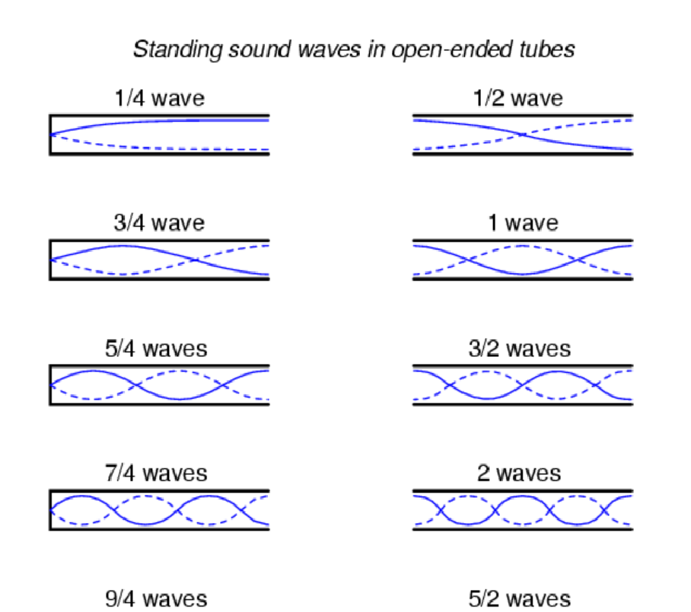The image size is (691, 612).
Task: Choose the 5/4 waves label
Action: coord(155,349)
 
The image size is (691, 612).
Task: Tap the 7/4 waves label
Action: coord(155,473)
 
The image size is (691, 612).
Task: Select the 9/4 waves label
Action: coord(155,598)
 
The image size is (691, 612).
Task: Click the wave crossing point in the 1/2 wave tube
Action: coord(523,135)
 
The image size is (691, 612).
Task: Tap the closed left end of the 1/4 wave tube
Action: coord(50,135)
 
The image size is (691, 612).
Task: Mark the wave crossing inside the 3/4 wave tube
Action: coord(196,260)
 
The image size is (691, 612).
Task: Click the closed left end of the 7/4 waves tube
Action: coord(50,510)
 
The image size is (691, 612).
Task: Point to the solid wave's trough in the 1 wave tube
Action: coord(523,273)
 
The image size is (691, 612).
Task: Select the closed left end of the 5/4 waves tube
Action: coord(50,385)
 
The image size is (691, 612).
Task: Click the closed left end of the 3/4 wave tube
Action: coord(50,260)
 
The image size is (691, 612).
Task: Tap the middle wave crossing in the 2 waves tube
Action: coord(523,510)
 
